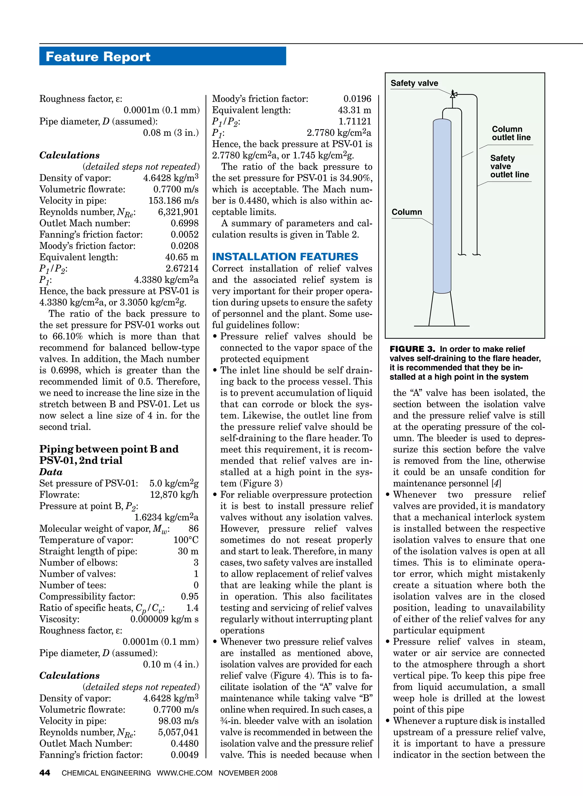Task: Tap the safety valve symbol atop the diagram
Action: click(453, 94)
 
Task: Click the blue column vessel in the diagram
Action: click(442, 205)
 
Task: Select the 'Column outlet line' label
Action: click(511, 133)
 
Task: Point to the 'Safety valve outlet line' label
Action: click(509, 166)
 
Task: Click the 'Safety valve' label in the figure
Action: click(414, 83)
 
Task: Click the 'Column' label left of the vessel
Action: click(407, 212)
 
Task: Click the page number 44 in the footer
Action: click(45, 773)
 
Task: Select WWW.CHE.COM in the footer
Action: click(184, 773)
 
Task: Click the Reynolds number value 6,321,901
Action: click(178, 212)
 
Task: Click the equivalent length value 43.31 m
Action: click(354, 110)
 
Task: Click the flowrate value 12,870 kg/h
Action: click(174, 495)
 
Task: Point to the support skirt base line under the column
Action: click(442, 326)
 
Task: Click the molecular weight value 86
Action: click(193, 529)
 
